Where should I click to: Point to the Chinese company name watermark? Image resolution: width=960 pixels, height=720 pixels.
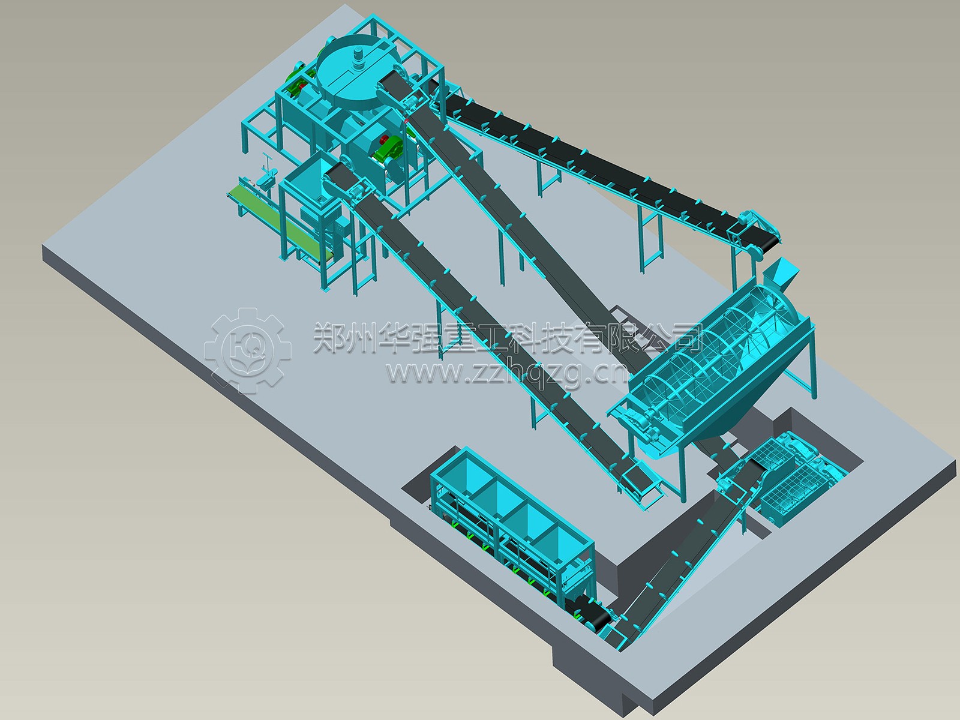point(508,337)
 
